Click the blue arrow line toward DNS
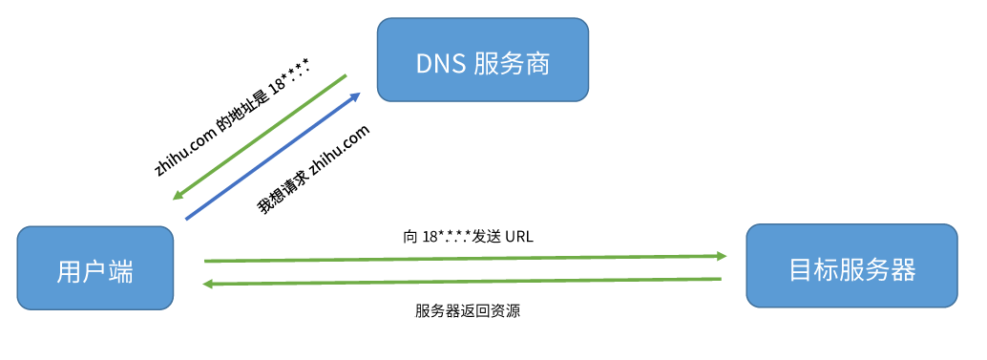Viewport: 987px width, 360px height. (272, 157)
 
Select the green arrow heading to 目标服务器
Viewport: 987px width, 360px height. (465, 258)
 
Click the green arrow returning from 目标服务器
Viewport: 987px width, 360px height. (465, 281)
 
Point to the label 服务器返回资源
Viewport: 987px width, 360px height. (468, 311)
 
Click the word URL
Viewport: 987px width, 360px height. (518, 235)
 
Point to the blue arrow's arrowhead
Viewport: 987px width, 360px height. (355, 95)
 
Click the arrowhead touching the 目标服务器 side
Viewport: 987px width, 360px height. (721, 256)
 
